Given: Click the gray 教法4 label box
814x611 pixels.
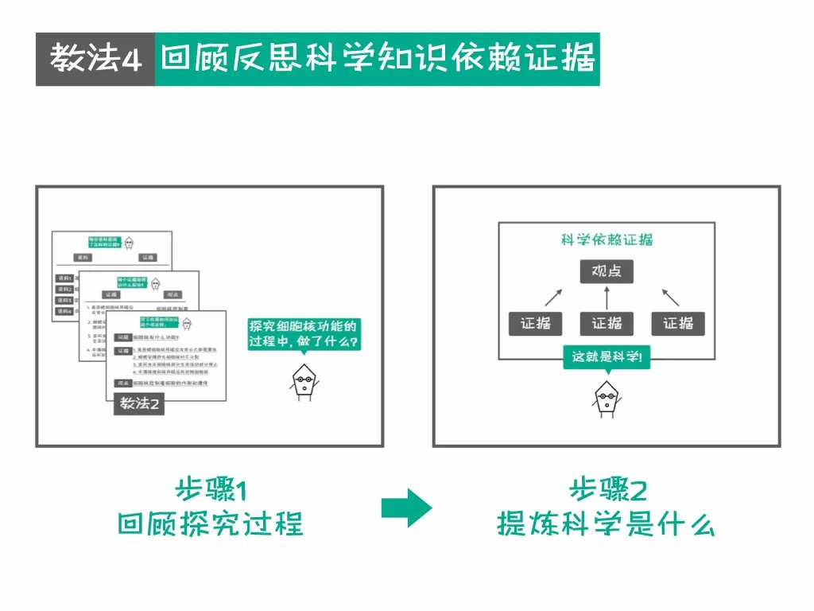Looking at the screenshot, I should [95, 60].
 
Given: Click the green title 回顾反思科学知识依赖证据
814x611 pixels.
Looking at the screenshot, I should [377, 60].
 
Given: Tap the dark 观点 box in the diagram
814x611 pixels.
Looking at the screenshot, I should [607, 272].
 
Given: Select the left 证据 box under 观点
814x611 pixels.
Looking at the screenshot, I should [535, 324].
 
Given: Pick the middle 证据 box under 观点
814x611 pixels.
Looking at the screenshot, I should [607, 324].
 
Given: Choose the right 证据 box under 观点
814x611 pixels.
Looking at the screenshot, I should [678, 324].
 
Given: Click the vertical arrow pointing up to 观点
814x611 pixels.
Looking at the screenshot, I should [607, 298].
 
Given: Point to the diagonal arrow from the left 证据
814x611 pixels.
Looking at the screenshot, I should [552, 298].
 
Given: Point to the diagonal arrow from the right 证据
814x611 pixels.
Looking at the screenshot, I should [670, 298].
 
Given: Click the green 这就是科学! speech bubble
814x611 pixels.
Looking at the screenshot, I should [607, 357].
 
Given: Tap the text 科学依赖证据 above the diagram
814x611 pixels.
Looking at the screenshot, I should [607, 239].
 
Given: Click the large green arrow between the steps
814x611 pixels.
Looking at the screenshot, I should [406, 508].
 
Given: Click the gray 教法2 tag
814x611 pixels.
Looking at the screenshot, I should [139, 403].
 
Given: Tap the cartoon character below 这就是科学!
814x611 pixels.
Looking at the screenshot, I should [606, 398].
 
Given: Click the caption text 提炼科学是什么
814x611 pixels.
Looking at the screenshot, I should [606, 525].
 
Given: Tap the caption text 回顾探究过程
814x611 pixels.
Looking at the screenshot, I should [211, 525].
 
